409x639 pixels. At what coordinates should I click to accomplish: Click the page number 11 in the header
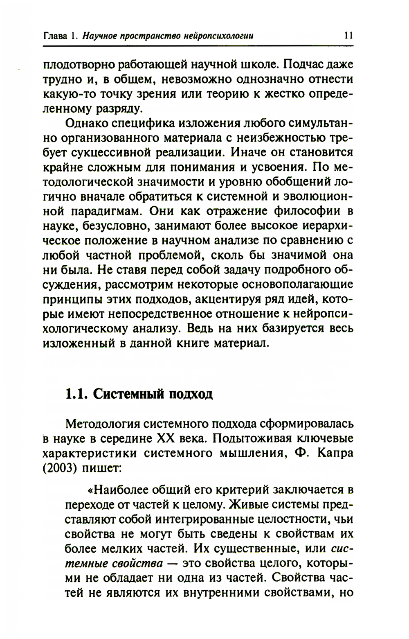click(348, 36)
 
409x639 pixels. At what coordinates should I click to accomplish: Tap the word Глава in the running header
click(56, 36)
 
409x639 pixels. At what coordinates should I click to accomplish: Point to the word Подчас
click(300, 64)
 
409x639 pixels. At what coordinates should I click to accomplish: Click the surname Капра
click(334, 453)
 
